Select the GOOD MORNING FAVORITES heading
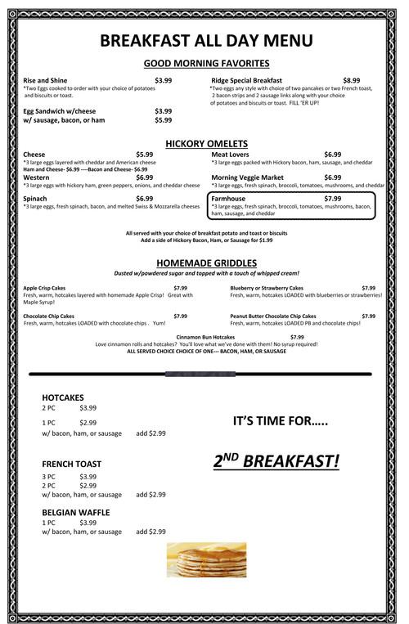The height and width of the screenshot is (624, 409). [206, 64]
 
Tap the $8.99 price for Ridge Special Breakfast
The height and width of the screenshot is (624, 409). [352, 80]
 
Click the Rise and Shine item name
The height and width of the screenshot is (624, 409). [45, 80]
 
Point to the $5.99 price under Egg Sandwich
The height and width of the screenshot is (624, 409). [163, 120]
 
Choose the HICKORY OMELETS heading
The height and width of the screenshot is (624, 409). [206, 144]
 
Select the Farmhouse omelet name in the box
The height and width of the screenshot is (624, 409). [228, 199]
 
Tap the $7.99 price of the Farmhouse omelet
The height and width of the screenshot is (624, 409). [332, 199]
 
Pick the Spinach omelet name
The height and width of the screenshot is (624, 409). [35, 199]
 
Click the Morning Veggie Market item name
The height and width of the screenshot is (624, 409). [247, 177]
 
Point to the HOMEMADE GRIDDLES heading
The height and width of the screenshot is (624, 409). [206, 263]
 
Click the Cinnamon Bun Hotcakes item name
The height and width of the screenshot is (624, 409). [206, 337]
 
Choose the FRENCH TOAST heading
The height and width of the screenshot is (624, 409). [71, 464]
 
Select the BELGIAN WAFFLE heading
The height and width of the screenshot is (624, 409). [75, 512]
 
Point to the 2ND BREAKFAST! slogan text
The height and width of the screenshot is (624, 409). [276, 461]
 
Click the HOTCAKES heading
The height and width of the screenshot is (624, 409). [63, 397]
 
